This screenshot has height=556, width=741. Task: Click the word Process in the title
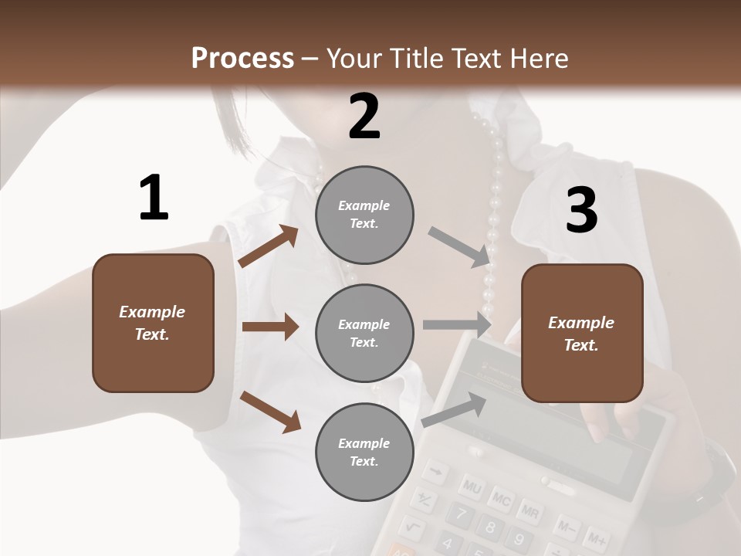point(242,58)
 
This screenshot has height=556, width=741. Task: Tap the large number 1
point(154,198)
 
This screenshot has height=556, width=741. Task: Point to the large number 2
point(364,117)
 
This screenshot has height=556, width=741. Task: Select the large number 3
point(581,211)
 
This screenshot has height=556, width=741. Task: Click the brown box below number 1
point(153,323)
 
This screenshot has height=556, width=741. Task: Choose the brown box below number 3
point(582,334)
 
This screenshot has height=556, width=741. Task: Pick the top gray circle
point(364,215)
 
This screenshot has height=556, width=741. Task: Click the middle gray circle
point(364,334)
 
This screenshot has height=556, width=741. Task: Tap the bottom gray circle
point(364,453)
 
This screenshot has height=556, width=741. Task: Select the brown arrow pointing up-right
point(269,246)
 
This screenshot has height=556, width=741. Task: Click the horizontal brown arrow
point(270,327)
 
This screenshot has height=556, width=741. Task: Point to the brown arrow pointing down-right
point(270,411)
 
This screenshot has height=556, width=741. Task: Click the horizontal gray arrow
point(457,324)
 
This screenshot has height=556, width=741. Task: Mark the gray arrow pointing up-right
point(455,409)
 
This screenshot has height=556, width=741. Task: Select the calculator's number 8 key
point(489,528)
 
